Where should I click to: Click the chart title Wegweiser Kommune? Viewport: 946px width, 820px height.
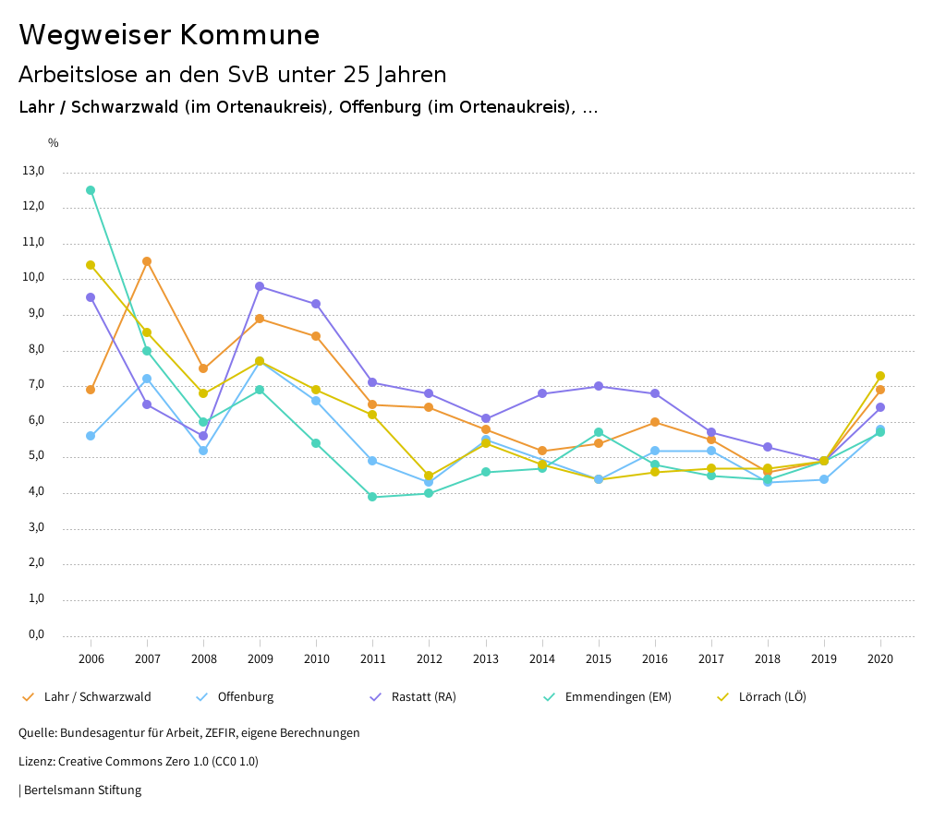[x=169, y=35]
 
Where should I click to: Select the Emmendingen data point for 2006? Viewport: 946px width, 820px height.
[x=91, y=190]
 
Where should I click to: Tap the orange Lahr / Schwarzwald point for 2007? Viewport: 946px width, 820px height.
[x=147, y=261]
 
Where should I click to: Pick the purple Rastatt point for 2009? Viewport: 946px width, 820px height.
[x=260, y=286]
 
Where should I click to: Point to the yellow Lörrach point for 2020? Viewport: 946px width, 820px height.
[x=880, y=376]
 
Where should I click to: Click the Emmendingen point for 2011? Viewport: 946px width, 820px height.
[x=372, y=497]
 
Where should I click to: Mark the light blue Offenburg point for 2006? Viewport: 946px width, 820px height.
[x=91, y=436]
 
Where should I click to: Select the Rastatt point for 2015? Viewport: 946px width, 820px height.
[x=599, y=386]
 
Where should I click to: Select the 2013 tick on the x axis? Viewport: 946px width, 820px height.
[x=486, y=658]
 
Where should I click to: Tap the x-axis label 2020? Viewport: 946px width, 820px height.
[x=880, y=658]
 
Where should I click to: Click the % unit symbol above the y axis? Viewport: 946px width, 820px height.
[x=54, y=143]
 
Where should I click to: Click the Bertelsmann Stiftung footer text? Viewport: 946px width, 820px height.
[x=82, y=790]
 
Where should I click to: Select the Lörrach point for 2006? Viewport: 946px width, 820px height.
[x=91, y=265]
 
